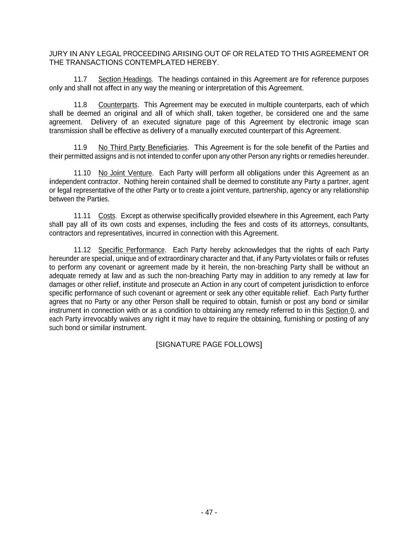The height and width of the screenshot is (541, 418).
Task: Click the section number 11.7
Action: (x=80, y=80)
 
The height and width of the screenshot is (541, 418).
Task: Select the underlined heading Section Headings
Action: (x=125, y=80)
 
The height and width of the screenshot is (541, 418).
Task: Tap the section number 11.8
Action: (x=80, y=105)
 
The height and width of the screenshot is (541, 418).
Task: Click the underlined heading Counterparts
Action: (x=118, y=105)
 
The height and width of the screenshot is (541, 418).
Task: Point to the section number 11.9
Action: (x=80, y=148)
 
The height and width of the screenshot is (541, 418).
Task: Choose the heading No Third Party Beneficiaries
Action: (x=143, y=148)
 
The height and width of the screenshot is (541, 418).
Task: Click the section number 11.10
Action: (x=82, y=173)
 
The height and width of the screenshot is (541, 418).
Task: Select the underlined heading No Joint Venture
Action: (x=125, y=173)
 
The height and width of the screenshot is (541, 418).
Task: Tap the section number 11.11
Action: (x=82, y=216)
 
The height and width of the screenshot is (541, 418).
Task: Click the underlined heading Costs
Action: (x=107, y=216)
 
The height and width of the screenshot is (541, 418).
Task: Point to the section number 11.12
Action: (x=82, y=250)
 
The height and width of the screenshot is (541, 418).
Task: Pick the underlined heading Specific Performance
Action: (x=131, y=250)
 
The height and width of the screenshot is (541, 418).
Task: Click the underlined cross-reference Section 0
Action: (x=340, y=310)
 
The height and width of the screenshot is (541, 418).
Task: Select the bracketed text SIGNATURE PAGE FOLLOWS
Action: (x=209, y=344)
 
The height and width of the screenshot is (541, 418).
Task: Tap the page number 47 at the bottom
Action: (x=209, y=512)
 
